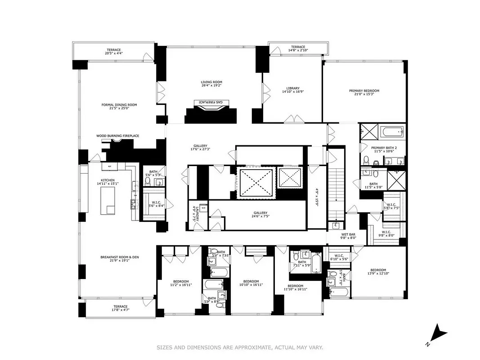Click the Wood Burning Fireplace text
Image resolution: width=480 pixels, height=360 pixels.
point(117,135)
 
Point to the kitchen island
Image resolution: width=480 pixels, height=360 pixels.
point(108,201)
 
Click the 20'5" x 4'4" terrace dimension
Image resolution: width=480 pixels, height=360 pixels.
point(114,53)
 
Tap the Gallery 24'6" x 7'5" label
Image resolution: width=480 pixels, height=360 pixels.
point(260,215)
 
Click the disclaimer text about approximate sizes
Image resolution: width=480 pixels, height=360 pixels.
point(239,347)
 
